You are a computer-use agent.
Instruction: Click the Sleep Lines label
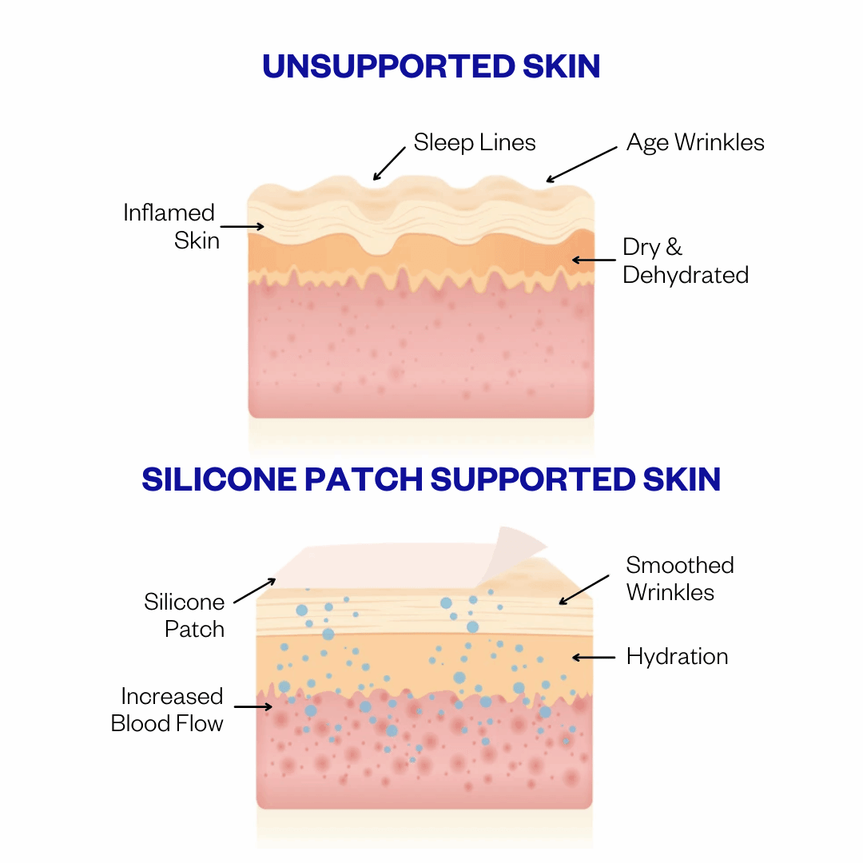tap(475, 143)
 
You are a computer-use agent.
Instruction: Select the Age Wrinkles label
tap(695, 143)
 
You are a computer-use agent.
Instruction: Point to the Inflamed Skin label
tap(170, 226)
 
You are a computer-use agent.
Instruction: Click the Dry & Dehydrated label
tap(685, 261)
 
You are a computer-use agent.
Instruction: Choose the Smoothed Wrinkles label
tap(679, 579)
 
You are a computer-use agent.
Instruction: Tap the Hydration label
tap(677, 657)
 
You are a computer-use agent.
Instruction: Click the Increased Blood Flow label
tap(168, 710)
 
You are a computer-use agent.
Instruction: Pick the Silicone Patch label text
tap(185, 615)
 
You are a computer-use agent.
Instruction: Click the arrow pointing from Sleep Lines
tap(390, 162)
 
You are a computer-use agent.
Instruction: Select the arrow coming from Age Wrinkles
tap(582, 165)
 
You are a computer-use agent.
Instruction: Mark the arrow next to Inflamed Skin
tap(242, 227)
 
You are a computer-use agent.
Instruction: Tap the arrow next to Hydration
tap(594, 658)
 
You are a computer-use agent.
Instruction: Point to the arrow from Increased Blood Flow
tap(253, 706)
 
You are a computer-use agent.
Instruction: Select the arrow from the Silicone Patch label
tap(254, 591)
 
